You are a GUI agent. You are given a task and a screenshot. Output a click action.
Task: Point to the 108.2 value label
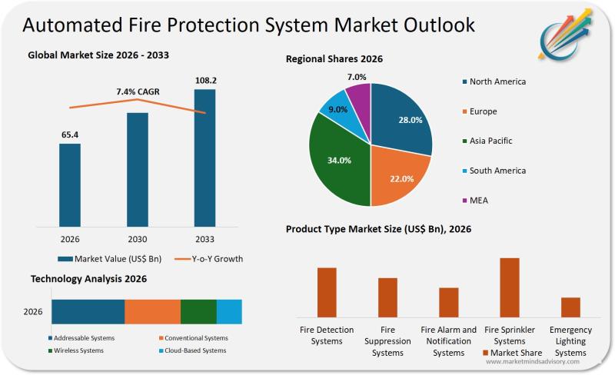coord(205,80)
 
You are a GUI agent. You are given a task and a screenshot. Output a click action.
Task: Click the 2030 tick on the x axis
coord(137,239)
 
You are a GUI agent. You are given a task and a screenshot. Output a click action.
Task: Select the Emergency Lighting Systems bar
coord(570,307)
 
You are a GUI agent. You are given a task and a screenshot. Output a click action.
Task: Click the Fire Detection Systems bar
coord(327,292)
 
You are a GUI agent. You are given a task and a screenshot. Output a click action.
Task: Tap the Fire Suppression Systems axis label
coord(387,341)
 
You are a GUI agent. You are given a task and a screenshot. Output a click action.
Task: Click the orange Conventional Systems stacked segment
coord(152,312)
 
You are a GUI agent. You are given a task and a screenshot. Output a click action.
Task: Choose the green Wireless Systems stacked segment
coord(198,312)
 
